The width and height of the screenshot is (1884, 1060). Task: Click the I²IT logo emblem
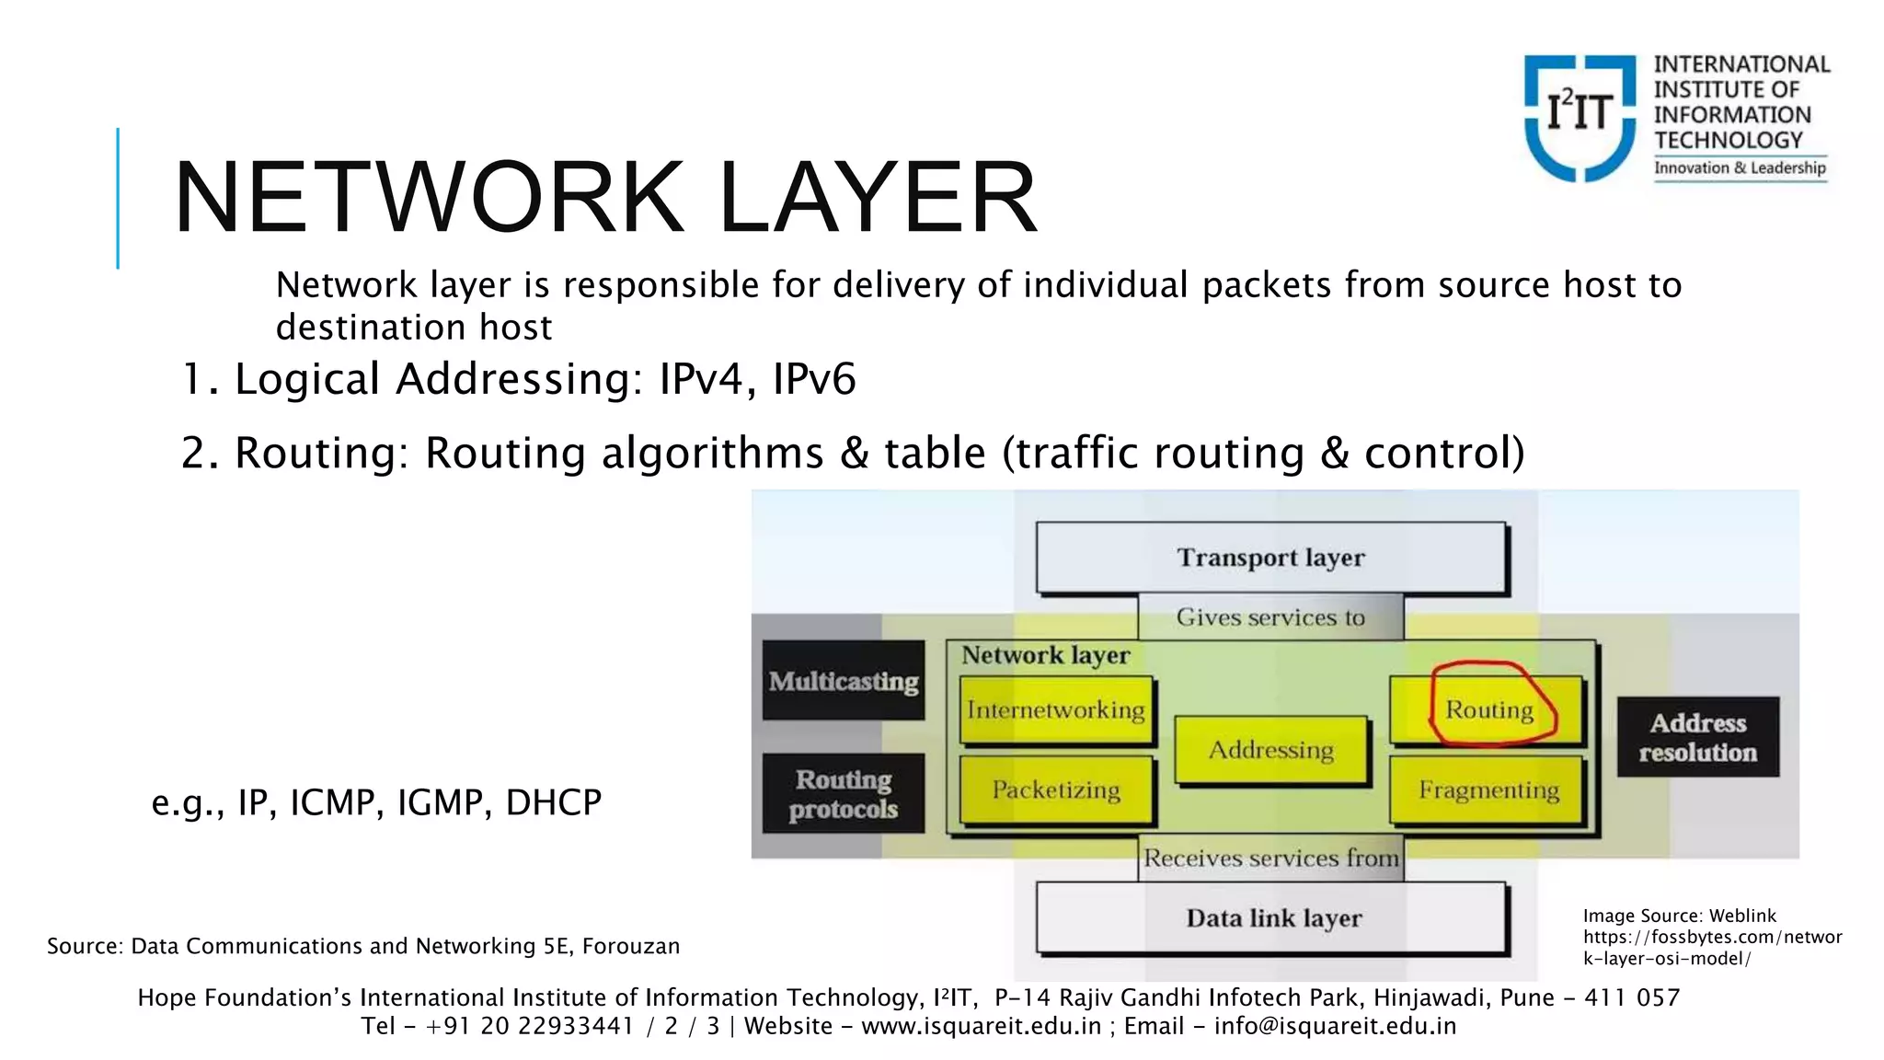point(1580,117)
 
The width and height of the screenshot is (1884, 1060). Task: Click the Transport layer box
point(1270,558)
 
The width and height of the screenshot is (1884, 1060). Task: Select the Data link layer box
point(1272,917)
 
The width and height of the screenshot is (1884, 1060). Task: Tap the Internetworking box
point(1056,709)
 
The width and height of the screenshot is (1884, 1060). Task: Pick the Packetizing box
point(1056,789)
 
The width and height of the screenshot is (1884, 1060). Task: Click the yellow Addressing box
point(1271,750)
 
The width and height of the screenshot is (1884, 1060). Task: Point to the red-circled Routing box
point(1488,709)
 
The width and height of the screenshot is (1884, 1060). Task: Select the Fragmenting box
point(1488,789)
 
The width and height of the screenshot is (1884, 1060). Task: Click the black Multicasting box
point(844,681)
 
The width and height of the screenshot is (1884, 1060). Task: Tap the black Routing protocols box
point(844,793)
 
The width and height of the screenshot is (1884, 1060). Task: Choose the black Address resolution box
point(1698,737)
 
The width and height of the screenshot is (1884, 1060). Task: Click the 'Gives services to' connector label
point(1270,617)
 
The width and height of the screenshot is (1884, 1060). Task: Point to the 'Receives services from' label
point(1270,858)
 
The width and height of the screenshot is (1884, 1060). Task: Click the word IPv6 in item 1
point(814,379)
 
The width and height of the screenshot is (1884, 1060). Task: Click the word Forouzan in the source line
point(631,946)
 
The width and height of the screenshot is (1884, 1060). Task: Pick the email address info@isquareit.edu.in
point(1335,1026)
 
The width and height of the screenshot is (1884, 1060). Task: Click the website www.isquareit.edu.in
point(982,1026)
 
